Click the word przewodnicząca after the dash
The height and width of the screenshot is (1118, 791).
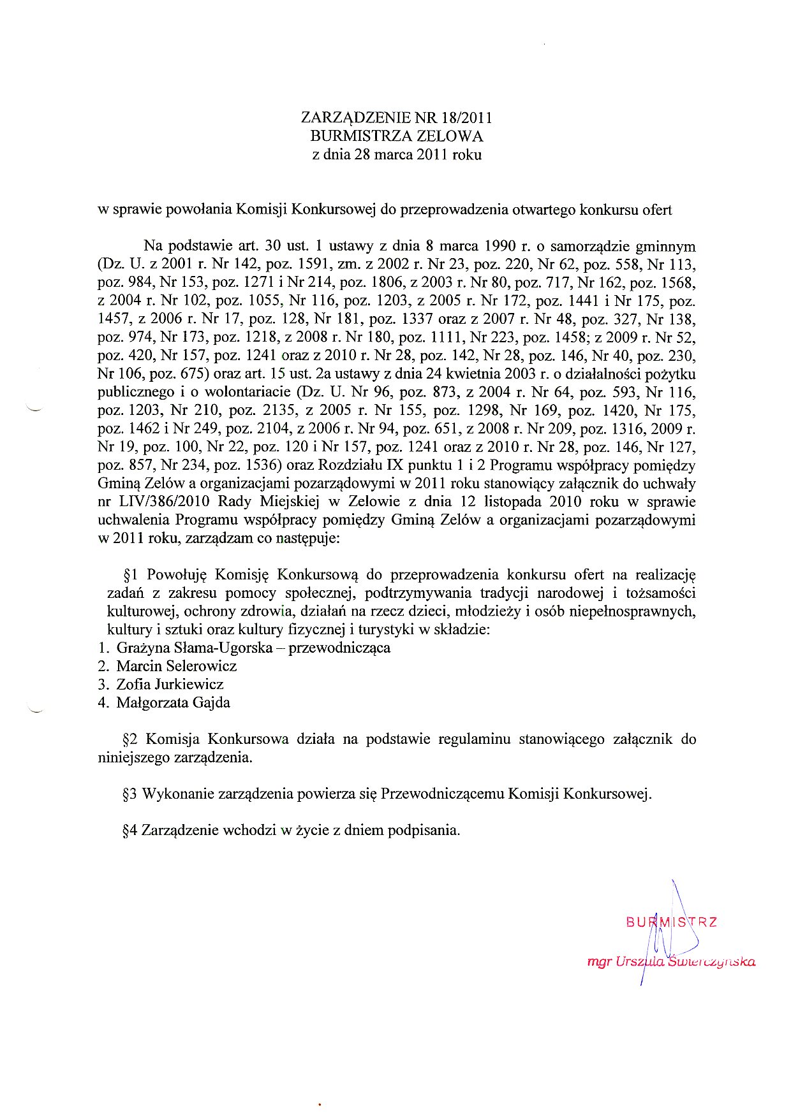(x=339, y=648)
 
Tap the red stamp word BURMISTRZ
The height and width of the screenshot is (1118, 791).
(x=671, y=922)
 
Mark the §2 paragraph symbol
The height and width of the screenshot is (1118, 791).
(x=130, y=739)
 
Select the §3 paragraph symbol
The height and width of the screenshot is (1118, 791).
(x=130, y=794)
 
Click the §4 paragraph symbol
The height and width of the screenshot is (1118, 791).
(x=130, y=831)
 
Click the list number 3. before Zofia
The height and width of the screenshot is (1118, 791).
(x=103, y=685)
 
